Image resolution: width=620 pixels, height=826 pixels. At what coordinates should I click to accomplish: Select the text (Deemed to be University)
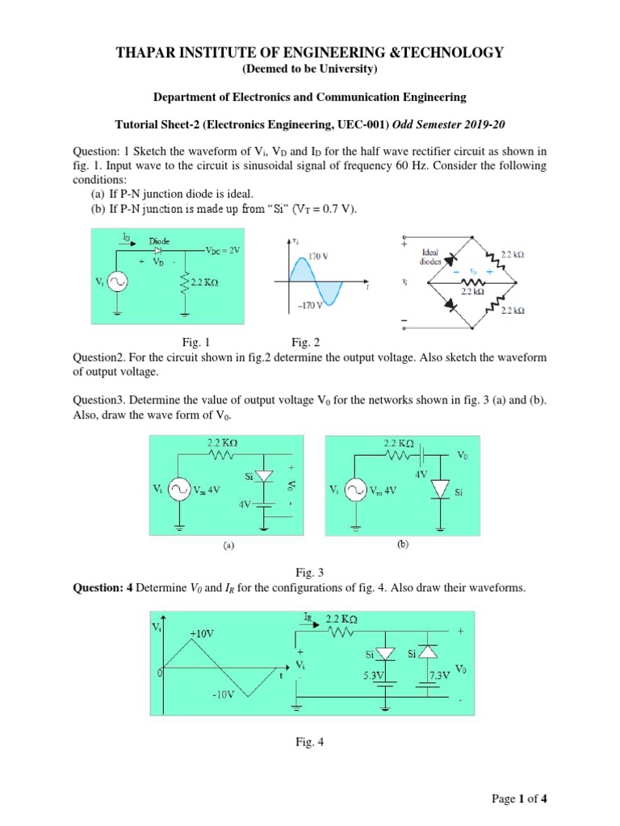(x=310, y=70)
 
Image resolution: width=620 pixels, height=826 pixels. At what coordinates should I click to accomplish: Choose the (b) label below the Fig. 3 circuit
(x=401, y=544)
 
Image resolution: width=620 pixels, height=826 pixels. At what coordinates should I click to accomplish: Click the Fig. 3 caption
(x=309, y=572)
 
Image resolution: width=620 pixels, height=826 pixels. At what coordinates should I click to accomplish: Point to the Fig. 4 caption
(x=309, y=744)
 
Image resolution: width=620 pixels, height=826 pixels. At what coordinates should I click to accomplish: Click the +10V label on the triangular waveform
(x=203, y=634)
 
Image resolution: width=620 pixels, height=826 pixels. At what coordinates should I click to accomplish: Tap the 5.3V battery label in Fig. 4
(x=374, y=675)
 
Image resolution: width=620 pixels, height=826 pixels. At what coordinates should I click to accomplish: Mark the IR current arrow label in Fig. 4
(x=308, y=617)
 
